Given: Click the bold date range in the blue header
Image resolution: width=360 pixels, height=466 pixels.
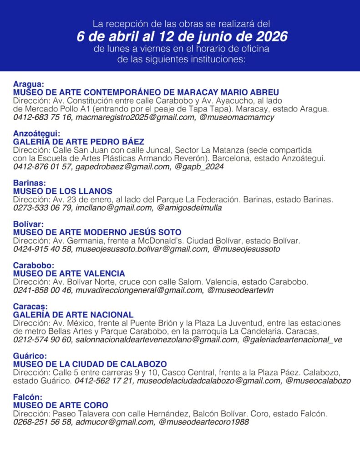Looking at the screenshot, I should coord(182,36).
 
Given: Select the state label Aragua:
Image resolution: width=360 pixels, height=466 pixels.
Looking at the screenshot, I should coord(29,84).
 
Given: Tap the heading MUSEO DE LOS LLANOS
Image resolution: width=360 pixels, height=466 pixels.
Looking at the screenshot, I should coord(63,191).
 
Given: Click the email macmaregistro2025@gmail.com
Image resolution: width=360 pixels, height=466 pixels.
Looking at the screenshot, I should coord(135,117).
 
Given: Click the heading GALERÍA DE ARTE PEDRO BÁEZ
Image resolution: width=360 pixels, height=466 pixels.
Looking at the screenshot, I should coord(79,142).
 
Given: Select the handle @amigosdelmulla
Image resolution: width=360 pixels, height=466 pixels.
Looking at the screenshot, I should coord(189,208).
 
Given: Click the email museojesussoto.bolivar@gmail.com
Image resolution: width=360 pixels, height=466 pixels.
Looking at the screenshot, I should coord(142,249).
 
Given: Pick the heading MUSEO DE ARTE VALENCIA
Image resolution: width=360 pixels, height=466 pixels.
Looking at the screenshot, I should coord(69,274).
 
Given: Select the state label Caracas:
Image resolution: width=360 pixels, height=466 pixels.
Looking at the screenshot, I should coord(30,307).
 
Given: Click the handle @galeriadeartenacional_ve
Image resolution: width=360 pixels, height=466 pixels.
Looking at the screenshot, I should coord(292,339).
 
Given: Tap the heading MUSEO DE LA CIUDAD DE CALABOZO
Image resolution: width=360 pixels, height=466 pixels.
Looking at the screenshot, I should coord(90,364).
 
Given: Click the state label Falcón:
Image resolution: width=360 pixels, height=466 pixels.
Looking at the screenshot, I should coord(28,397).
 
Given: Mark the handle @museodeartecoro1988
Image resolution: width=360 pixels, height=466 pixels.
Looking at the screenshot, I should coord(203,422).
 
